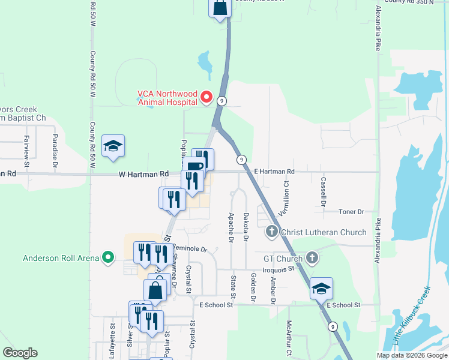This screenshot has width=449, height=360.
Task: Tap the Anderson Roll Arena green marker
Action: (x=108, y=259)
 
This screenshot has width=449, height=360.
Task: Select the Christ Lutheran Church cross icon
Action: (x=272, y=232)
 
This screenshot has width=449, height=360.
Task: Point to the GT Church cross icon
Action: (x=311, y=259)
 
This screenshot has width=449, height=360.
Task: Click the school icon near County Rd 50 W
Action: (x=112, y=146)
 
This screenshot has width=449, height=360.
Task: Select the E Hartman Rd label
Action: (x=274, y=172)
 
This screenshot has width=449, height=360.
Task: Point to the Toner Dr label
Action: (x=352, y=212)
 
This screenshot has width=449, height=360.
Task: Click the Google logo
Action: (x=20, y=353)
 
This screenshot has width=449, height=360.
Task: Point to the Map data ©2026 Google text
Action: (x=411, y=355)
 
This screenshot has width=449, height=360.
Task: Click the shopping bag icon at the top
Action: (x=220, y=8)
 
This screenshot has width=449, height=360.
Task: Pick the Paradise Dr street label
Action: (x=54, y=149)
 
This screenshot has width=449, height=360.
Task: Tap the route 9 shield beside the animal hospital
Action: (x=222, y=101)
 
